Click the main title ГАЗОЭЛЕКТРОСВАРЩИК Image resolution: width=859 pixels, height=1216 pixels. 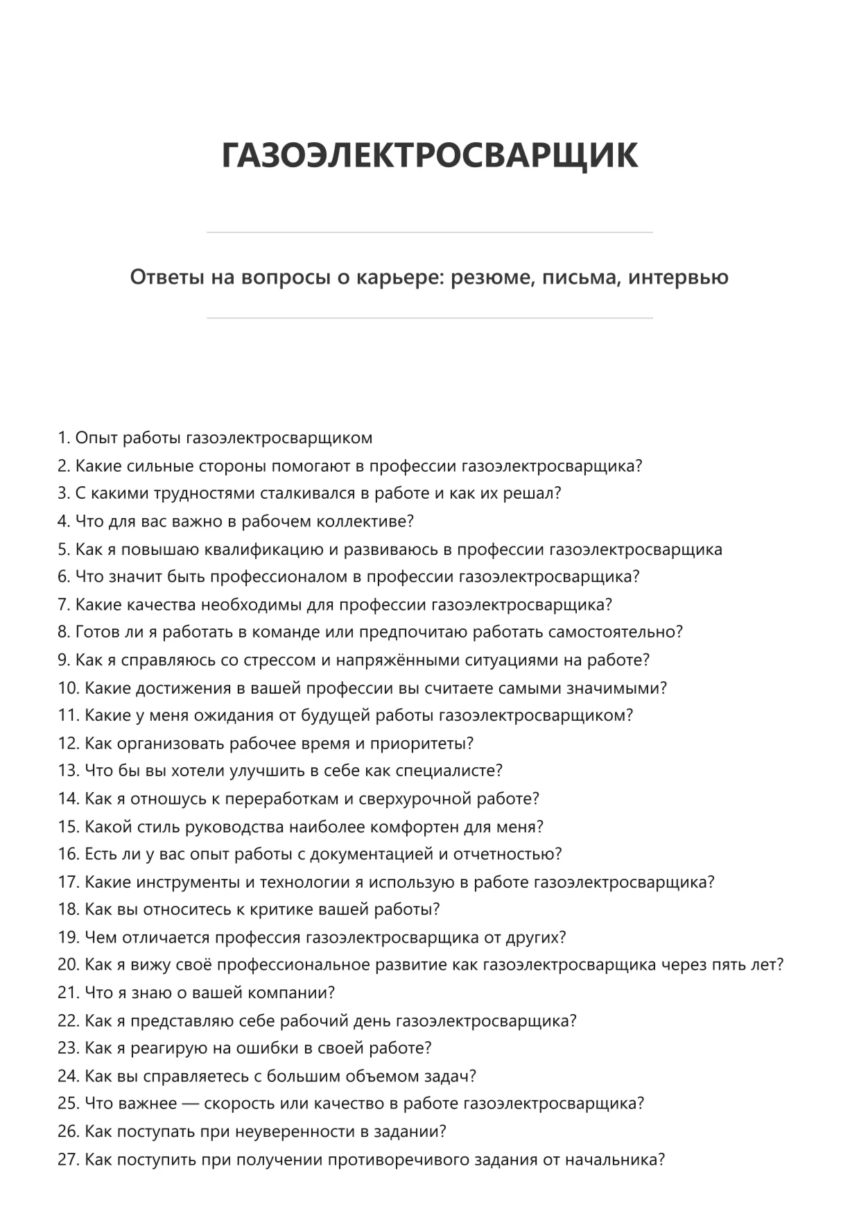tap(429, 155)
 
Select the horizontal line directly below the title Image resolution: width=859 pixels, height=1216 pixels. tap(429, 232)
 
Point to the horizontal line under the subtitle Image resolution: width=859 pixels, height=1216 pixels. tap(429, 318)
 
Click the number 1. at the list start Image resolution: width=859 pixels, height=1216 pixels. tap(64, 438)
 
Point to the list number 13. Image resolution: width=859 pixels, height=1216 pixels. tap(69, 771)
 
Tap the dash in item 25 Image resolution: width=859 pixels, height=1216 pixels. tap(190, 1104)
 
